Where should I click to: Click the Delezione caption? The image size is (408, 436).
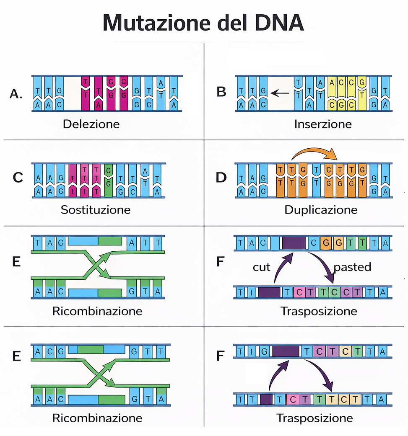pos(91,124)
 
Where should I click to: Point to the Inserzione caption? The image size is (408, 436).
pos(323,124)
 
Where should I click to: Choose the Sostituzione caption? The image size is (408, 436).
pos(96,209)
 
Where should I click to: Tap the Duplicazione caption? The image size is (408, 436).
pos(321,209)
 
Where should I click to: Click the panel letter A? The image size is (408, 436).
pos(16,94)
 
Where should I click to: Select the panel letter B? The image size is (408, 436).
pos(221,92)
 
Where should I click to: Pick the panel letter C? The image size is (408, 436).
pos(18,178)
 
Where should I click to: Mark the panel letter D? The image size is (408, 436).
pos(221,178)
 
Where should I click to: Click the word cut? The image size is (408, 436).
pos(262,267)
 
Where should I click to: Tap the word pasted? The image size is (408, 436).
pos(352,267)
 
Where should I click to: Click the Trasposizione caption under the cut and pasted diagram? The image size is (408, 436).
pos(319,311)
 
